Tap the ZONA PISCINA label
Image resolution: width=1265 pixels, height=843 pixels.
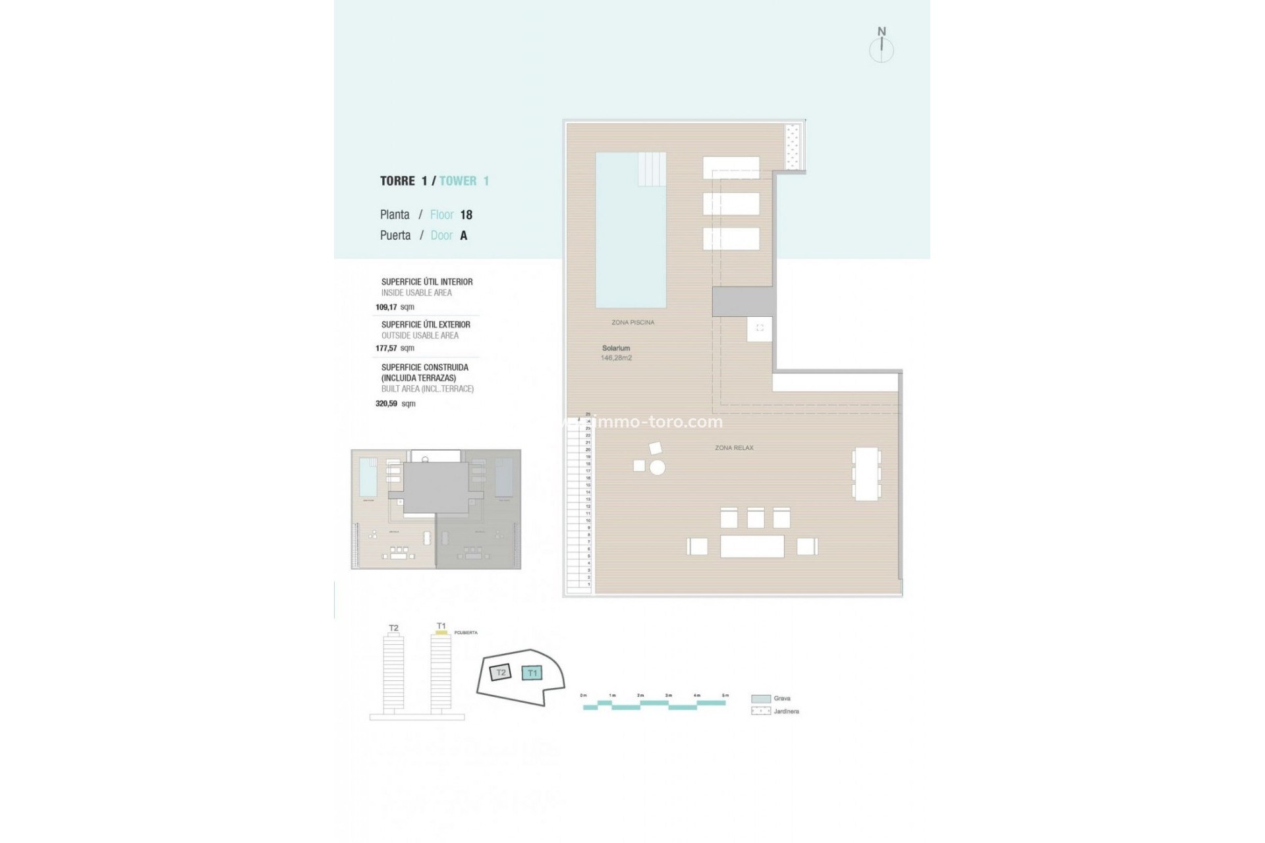tap(632, 323)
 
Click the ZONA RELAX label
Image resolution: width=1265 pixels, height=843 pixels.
tap(734, 448)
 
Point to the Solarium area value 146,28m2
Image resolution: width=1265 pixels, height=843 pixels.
tap(616, 358)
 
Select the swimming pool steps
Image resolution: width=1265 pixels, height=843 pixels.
tap(652, 169)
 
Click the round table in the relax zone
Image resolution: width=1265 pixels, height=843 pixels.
tap(657, 468)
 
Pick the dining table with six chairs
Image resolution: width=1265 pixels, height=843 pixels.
tap(866, 474)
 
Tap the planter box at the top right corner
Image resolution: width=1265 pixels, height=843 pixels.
tap(793, 146)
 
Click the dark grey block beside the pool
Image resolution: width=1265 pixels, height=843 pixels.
tap(743, 302)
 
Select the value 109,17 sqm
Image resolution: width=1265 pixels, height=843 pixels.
tap(395, 307)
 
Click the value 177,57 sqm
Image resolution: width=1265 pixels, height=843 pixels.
tap(395, 348)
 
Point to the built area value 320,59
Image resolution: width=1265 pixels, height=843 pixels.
tap(387, 404)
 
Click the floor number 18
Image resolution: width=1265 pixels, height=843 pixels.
tap(466, 215)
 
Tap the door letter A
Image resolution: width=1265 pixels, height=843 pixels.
tap(464, 236)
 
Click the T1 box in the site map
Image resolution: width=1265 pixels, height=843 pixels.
tap(532, 673)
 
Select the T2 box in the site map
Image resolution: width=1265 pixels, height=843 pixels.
tap(501, 672)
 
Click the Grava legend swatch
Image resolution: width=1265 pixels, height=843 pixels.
tap(761, 699)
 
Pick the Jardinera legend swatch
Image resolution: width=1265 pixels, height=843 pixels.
tap(761, 711)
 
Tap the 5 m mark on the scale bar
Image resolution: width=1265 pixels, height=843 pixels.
tap(725, 696)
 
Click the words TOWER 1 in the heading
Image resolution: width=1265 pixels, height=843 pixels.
tap(464, 181)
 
